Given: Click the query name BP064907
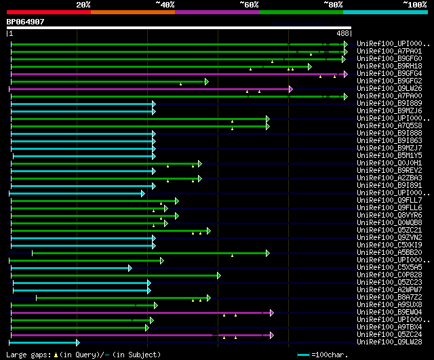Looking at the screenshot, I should coord(26,22).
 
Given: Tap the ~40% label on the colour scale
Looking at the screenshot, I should coord(165,5).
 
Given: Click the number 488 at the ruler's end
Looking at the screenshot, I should coord(342,33).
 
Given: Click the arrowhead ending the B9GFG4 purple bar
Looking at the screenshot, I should coord(345,73).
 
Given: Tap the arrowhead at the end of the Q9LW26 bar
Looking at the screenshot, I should coord(290,89).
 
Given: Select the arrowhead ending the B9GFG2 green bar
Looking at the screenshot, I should coord(206,81).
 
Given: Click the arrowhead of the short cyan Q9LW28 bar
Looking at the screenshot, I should coord(77,342).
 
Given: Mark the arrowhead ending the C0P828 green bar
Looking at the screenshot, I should coord(218,275).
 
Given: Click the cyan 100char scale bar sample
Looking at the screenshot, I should coord(303,355).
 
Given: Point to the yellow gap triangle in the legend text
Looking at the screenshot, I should coord(56,355).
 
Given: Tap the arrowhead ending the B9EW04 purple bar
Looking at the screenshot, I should coord(271,313).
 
